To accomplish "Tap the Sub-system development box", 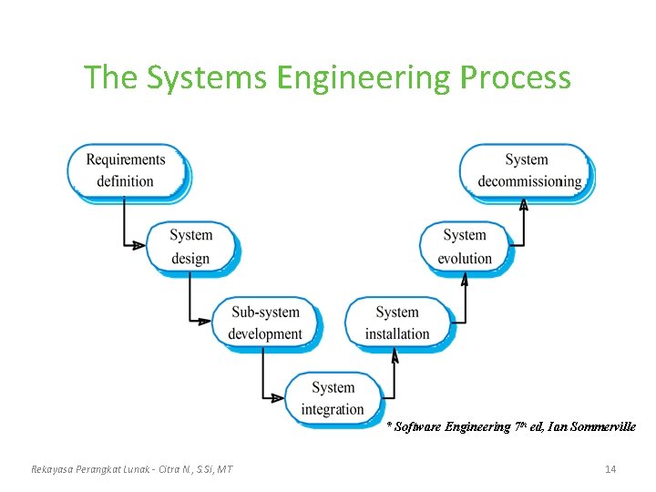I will tap(265, 323).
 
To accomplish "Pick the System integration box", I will tap(333, 398).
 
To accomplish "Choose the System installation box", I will tap(397, 323).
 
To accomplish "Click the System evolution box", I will tap(465, 246).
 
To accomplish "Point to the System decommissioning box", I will tap(527, 170).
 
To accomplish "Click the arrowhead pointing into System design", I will tap(136, 245).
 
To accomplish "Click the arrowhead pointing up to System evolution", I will tap(465, 280).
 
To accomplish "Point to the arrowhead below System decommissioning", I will tap(524, 205).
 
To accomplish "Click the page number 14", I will tap(610, 468).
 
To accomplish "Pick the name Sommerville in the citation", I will tap(602, 426).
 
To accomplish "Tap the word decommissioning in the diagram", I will tap(529, 181).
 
